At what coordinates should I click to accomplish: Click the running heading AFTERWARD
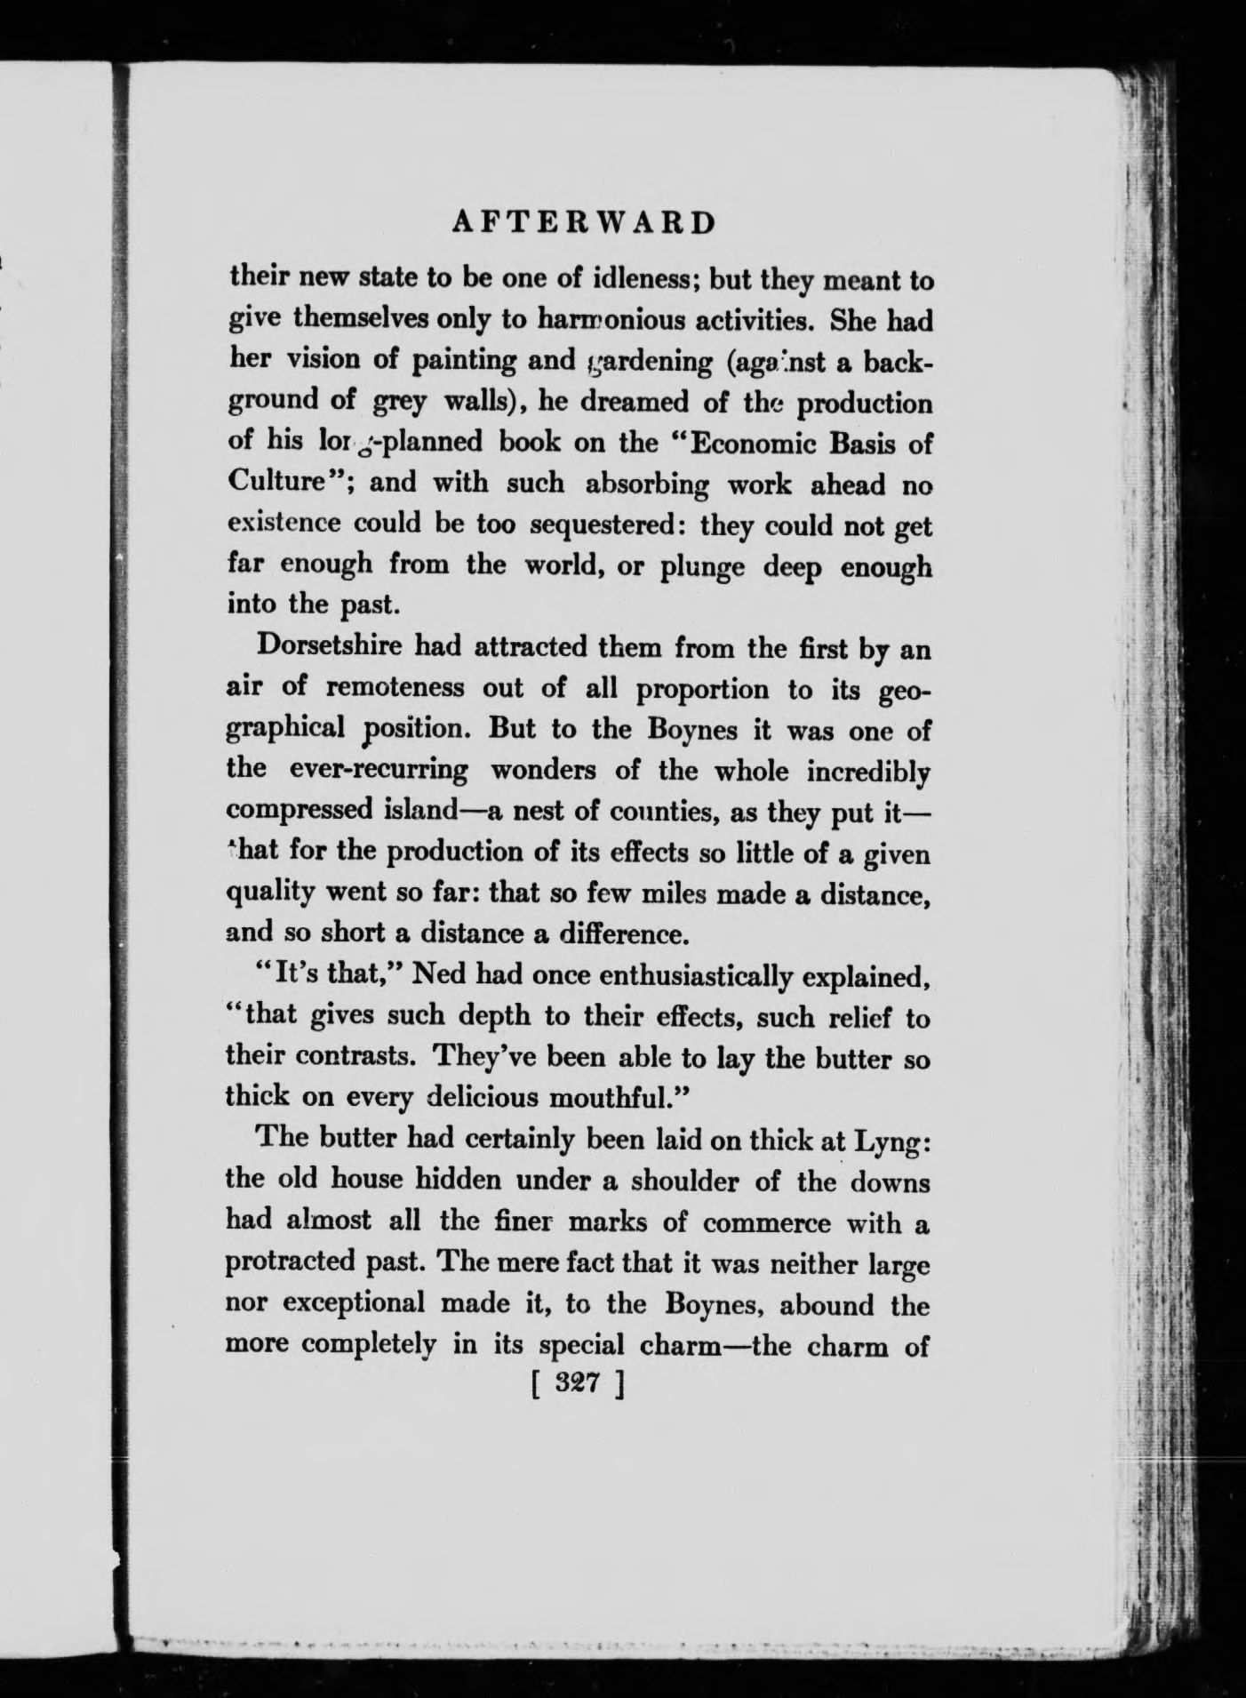583,222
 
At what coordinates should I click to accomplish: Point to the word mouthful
611,1098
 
